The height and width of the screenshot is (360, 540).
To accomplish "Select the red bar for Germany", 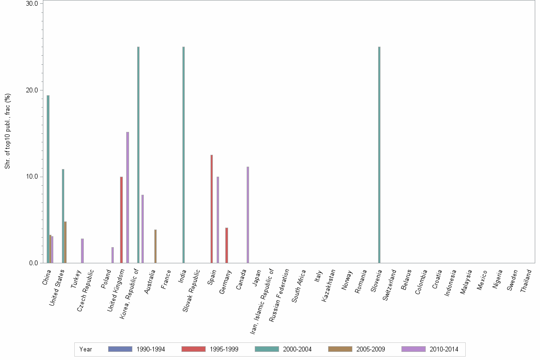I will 227,245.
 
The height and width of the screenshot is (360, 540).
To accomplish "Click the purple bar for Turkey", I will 82,250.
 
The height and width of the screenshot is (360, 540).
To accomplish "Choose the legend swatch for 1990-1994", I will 120,349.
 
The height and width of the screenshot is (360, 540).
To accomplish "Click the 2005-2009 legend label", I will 370,349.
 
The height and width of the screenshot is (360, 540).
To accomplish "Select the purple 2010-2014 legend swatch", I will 413,349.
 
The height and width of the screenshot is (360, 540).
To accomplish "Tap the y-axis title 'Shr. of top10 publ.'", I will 8,131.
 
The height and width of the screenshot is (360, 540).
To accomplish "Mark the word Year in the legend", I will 86,349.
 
